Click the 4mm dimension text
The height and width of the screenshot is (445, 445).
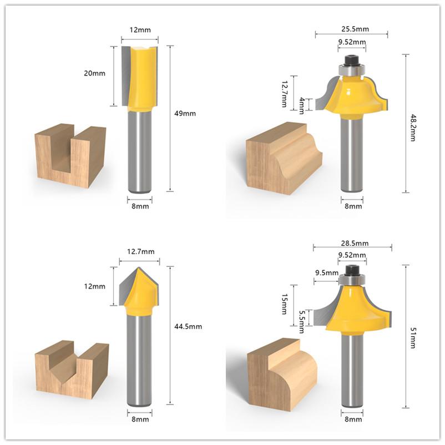coord(302,105)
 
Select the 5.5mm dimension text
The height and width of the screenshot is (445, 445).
coord(302,320)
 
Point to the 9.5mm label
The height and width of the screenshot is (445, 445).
coord(327,272)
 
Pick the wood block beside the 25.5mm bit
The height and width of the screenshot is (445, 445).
coord(283,158)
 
